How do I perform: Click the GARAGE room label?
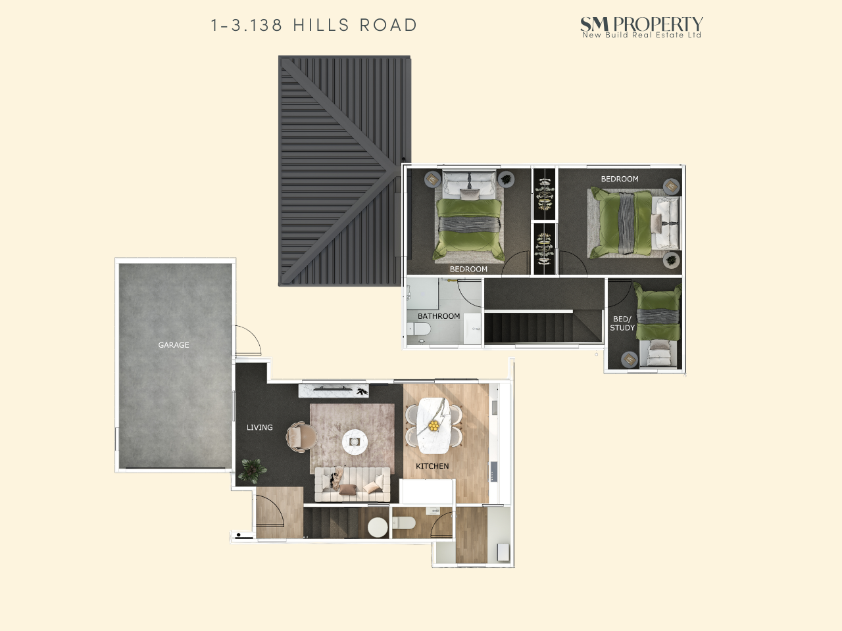click(x=174, y=345)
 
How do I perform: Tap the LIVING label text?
click(x=259, y=427)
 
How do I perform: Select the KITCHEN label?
click(x=432, y=466)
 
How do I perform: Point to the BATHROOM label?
click(x=439, y=316)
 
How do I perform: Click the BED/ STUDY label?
click(x=622, y=323)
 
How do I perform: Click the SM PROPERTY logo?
click(x=641, y=27)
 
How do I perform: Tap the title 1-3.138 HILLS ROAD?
click(x=314, y=25)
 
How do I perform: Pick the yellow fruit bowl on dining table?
click(x=434, y=426)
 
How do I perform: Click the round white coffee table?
click(x=355, y=442)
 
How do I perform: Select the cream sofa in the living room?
click(x=352, y=484)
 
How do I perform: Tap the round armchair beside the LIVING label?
click(x=301, y=436)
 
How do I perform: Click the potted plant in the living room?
click(x=252, y=470)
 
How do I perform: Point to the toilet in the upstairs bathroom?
click(x=419, y=329)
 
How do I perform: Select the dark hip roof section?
click(x=344, y=171)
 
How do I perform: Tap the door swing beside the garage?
click(x=249, y=339)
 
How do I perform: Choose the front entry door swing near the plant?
click(x=270, y=510)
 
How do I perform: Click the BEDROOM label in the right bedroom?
click(x=620, y=179)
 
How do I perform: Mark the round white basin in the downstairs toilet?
click(x=378, y=527)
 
